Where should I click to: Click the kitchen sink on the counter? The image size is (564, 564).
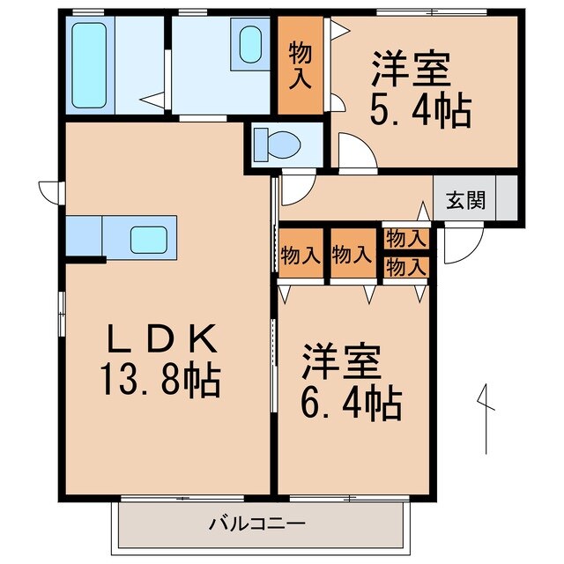point(149,238)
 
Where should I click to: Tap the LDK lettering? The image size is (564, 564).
point(161,339)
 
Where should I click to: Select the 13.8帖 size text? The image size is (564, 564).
point(161,382)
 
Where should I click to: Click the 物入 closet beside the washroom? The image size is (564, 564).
point(300,66)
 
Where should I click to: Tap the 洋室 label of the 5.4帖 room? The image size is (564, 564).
point(412,69)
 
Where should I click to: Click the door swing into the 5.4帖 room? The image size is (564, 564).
point(358,152)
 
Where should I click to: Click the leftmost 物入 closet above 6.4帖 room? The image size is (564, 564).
point(301,256)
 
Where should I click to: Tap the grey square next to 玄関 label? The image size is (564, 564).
point(507,199)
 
